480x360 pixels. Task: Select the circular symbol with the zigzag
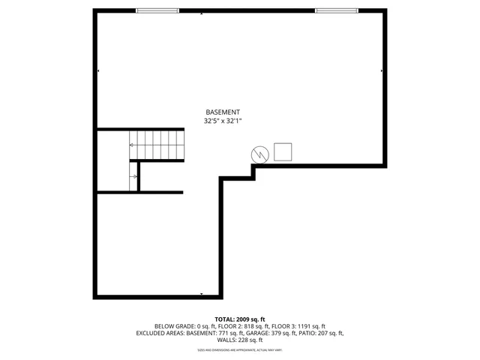coord(259,154)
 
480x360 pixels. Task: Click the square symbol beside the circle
coord(283,151)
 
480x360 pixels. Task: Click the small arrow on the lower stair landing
coord(134,177)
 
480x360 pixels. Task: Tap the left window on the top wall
coord(157,10)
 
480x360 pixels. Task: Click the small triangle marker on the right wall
coord(382,71)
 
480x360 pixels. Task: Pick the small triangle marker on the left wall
coord(99,71)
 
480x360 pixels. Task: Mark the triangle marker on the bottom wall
coord(201,293)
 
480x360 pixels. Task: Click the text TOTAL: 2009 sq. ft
coord(239,319)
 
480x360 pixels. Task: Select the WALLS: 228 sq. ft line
coord(239,340)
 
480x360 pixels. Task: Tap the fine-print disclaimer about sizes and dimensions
coord(239,349)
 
